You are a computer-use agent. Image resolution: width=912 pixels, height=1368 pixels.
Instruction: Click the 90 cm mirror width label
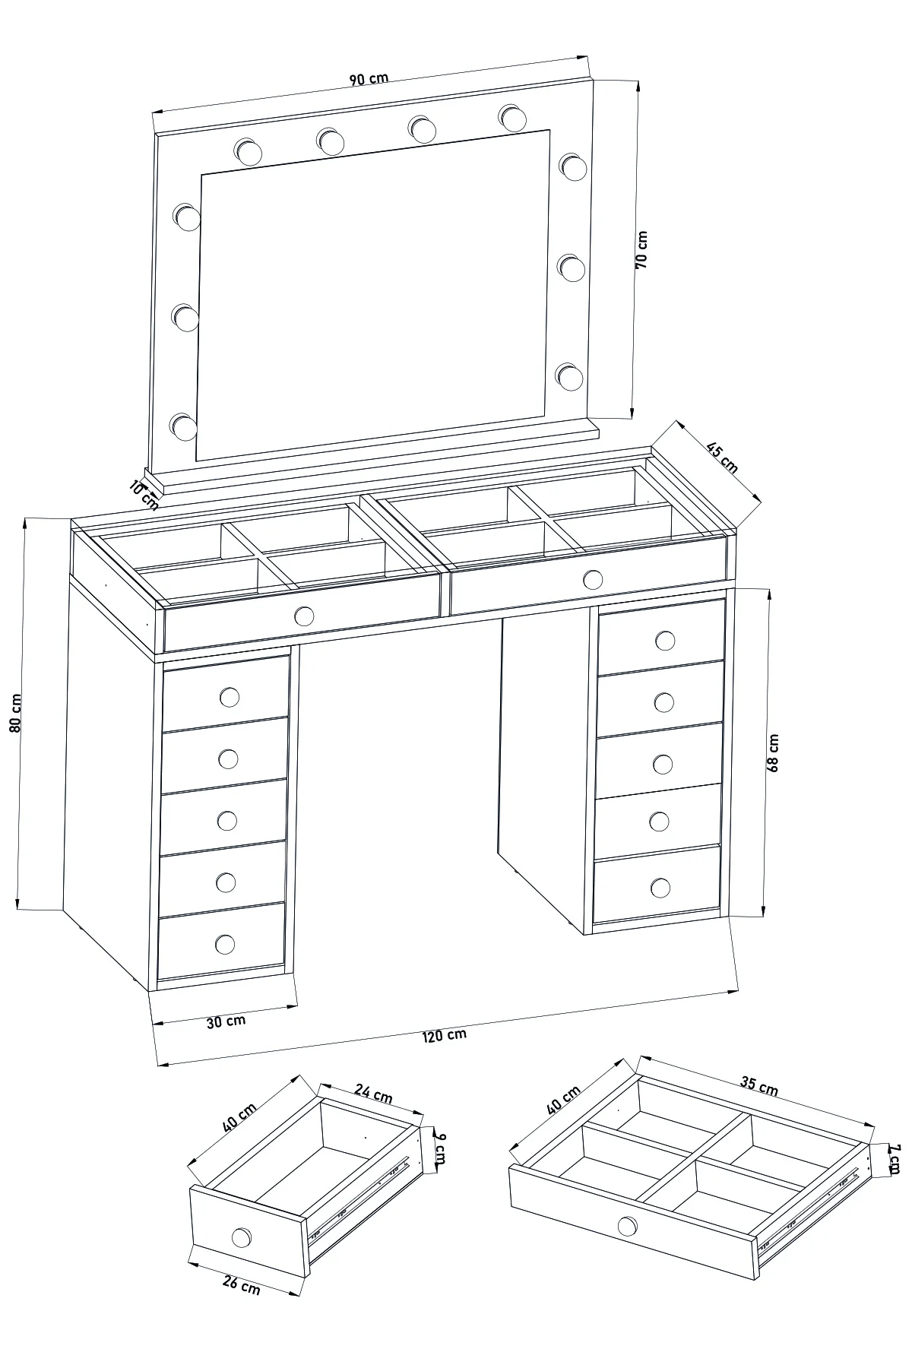click(369, 78)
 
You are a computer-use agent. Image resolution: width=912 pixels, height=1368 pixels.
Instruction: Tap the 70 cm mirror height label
click(641, 249)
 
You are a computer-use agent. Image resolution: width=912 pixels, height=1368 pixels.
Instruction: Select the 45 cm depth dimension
click(722, 458)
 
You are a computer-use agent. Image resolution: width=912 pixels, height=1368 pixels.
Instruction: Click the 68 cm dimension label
click(773, 753)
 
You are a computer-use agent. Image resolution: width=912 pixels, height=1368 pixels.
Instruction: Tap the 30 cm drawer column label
click(226, 1021)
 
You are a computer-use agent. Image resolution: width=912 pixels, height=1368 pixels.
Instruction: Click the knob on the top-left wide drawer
click(304, 616)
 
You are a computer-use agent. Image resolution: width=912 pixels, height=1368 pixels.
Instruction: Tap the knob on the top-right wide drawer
click(593, 581)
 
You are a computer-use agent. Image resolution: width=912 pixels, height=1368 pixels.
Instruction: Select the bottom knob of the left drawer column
click(225, 944)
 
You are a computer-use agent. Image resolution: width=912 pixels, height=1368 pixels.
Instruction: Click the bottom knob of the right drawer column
click(660, 887)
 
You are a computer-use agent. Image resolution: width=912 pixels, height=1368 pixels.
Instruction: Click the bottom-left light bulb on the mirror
click(183, 426)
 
